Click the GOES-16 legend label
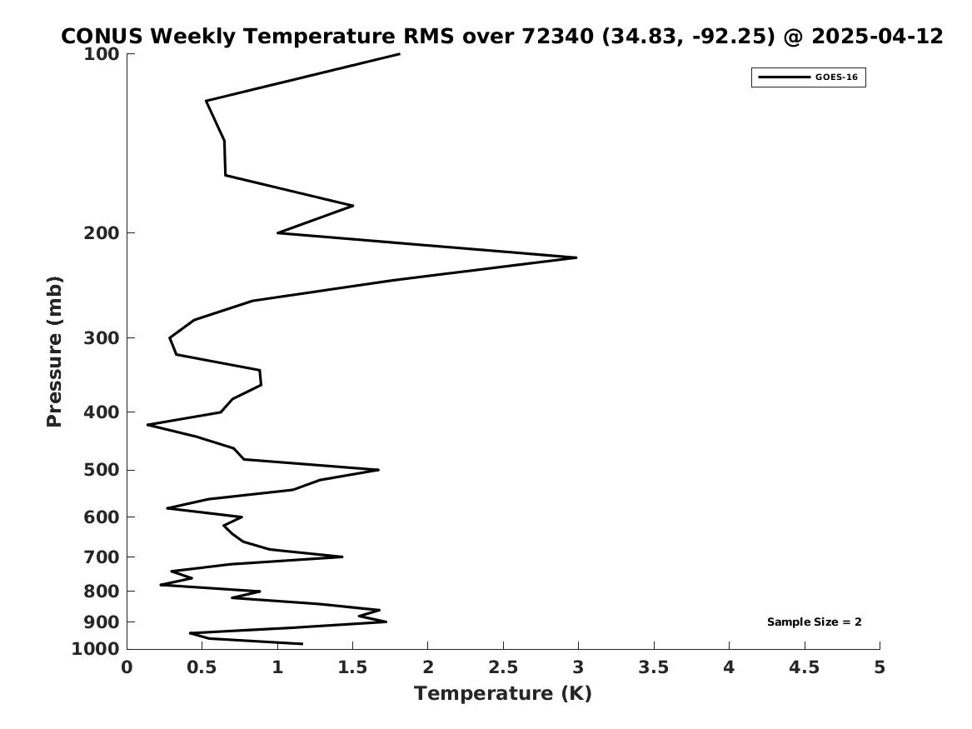pyautogui.click(x=836, y=77)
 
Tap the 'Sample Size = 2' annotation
pyautogui.click(x=814, y=622)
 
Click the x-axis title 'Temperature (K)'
pyautogui.click(x=503, y=693)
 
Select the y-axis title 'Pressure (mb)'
pyautogui.click(x=54, y=352)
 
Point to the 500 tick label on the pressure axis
pyautogui.click(x=101, y=470)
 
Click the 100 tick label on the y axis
pyautogui.click(x=101, y=54)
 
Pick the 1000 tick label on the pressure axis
pyautogui.click(x=96, y=649)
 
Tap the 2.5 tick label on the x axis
pyautogui.click(x=503, y=667)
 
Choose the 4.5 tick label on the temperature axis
pyautogui.click(x=805, y=667)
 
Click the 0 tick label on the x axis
pyautogui.click(x=127, y=667)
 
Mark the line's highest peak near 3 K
pyautogui.click(x=576, y=257)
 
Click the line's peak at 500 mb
pyautogui.click(x=378, y=470)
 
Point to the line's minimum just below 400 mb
pyautogui.click(x=147, y=425)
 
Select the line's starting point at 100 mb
pyautogui.click(x=399, y=54)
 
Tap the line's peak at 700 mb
pyautogui.click(x=342, y=557)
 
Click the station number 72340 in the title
pyautogui.click(x=557, y=36)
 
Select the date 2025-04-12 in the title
pyautogui.click(x=877, y=36)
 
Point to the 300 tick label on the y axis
pyautogui.click(x=101, y=338)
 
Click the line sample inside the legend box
pyautogui.click(x=784, y=77)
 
